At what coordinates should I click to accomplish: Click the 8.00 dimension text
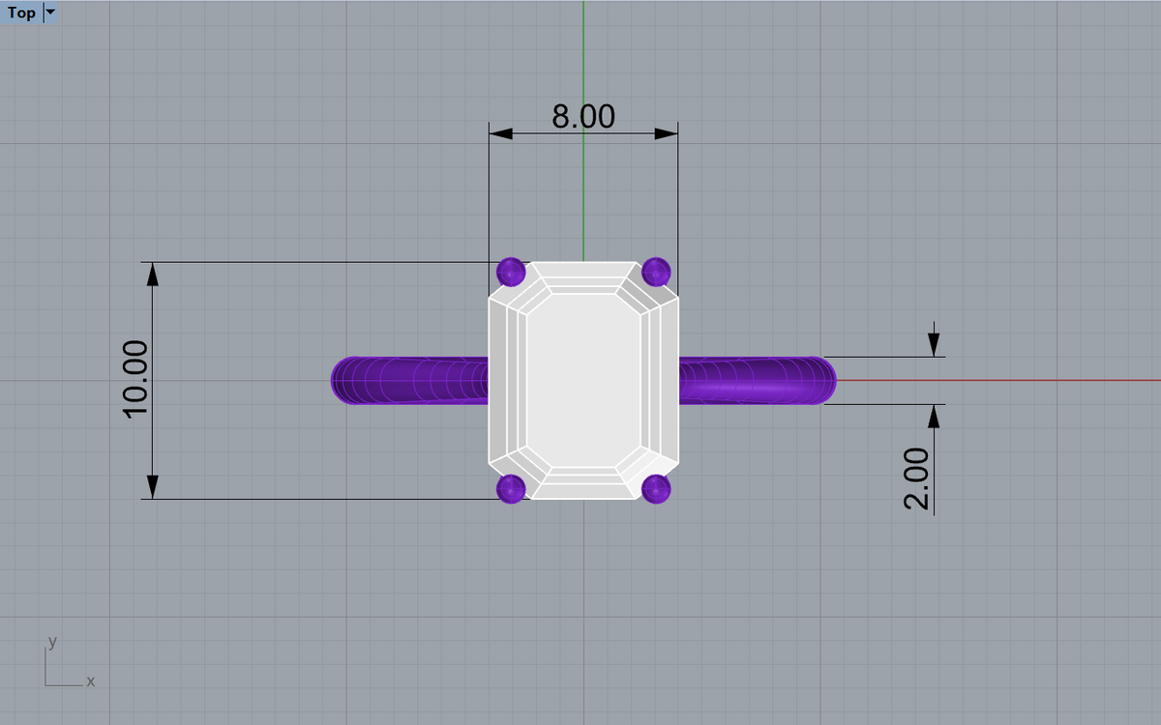pyautogui.click(x=583, y=116)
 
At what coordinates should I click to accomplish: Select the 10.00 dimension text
pyautogui.click(x=135, y=380)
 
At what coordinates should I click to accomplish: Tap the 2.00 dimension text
pyautogui.click(x=916, y=478)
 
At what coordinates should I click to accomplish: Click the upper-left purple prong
pyautogui.click(x=511, y=272)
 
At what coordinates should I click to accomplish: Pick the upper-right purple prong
pyautogui.click(x=656, y=272)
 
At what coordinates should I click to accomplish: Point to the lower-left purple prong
pyautogui.click(x=511, y=489)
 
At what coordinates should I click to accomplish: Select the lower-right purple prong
pyautogui.click(x=656, y=489)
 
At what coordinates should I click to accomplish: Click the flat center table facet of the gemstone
pyautogui.click(x=583, y=381)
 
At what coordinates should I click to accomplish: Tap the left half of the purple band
pyautogui.click(x=409, y=381)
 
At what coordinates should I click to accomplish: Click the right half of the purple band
pyautogui.click(x=758, y=381)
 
